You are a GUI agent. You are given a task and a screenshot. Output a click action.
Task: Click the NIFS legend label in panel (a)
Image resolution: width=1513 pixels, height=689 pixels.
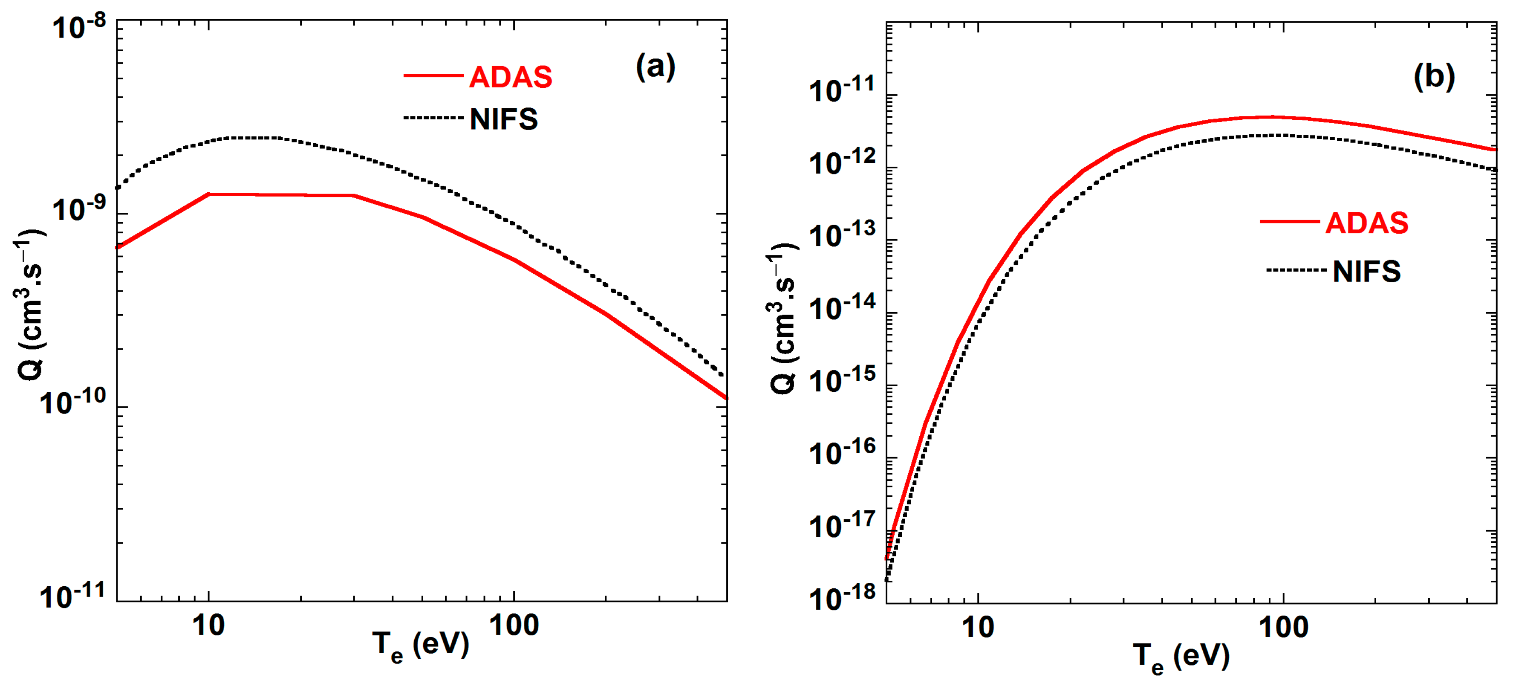click(503, 119)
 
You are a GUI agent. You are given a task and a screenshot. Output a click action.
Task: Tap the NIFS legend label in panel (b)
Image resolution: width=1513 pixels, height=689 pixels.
click(1366, 271)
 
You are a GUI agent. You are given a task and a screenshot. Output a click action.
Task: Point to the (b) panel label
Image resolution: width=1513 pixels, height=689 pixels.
click(1434, 76)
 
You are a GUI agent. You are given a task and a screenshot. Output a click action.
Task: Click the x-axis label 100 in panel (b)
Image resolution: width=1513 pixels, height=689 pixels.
click(1283, 628)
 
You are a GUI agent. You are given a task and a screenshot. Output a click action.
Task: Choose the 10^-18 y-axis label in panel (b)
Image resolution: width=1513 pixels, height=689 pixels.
click(842, 598)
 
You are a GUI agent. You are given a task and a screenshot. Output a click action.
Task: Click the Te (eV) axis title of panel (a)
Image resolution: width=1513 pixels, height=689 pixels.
click(421, 646)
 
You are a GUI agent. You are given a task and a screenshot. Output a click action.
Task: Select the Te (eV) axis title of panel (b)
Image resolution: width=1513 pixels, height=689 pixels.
click(1181, 657)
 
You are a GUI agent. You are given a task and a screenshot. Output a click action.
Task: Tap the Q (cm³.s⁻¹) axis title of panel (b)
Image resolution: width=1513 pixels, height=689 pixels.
click(783, 317)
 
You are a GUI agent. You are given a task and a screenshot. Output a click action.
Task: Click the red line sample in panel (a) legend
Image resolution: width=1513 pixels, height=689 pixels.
click(433, 76)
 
